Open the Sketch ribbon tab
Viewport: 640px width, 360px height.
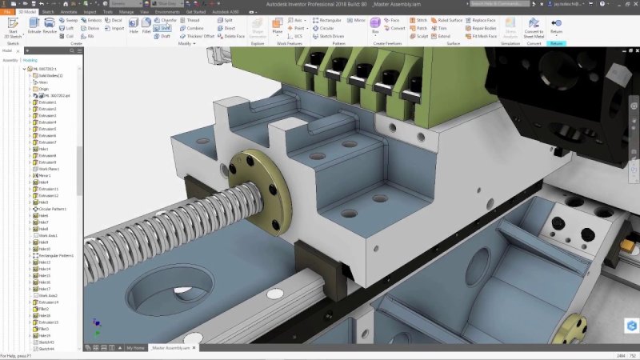pos(48,13)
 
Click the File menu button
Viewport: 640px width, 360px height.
pos(6,13)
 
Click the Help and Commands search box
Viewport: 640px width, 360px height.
pos(496,4)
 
